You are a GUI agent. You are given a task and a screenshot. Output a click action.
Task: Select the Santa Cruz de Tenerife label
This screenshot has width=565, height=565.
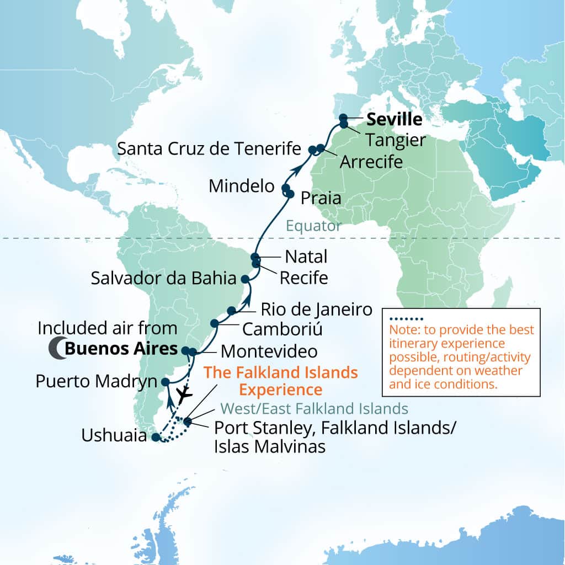click(x=209, y=148)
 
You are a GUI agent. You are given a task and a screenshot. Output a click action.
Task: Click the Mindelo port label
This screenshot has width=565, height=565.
click(x=241, y=186)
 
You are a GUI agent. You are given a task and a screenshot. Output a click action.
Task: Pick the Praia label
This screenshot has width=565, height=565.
click(x=321, y=199)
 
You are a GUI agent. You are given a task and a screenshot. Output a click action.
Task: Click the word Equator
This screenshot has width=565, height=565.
click(x=313, y=226)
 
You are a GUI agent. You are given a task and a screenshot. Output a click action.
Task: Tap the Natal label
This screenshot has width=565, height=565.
click(x=306, y=257)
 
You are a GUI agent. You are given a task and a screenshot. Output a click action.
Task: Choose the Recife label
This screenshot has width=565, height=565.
click(x=303, y=277)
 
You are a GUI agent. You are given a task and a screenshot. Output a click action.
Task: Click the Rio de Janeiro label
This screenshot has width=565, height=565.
click(x=317, y=309)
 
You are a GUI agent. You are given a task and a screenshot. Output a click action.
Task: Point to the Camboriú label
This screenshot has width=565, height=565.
click(x=282, y=329)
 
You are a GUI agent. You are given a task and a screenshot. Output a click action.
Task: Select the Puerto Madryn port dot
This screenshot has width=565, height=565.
click(x=165, y=381)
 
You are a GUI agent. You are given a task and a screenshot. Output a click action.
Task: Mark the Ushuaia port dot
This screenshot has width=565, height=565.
click(x=156, y=438)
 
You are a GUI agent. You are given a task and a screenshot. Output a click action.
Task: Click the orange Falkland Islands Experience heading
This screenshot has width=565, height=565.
click(x=281, y=381)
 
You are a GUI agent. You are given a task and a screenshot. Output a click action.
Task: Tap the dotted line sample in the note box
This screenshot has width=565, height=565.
click(x=406, y=319)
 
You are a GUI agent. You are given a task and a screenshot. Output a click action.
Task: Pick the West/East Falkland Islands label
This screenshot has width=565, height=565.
click(x=314, y=409)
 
